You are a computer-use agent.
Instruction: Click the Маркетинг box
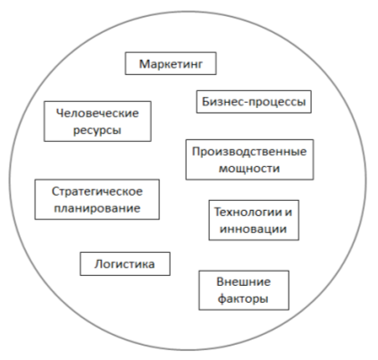171,63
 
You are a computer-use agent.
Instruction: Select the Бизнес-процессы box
254,102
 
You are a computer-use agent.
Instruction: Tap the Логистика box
125,264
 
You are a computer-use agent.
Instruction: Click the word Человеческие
97,113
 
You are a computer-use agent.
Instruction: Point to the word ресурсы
97,130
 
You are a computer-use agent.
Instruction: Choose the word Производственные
249,152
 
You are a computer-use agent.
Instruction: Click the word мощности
249,169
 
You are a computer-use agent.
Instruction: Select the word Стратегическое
97,191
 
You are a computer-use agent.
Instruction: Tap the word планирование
97,208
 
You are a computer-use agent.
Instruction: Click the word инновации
254,229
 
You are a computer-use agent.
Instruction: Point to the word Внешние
244,281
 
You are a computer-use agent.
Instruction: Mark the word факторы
243,298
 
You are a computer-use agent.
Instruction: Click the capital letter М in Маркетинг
144,63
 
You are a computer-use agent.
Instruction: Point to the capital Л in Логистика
99,264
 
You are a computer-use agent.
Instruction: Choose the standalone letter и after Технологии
289,213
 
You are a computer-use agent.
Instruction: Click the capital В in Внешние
220,281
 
